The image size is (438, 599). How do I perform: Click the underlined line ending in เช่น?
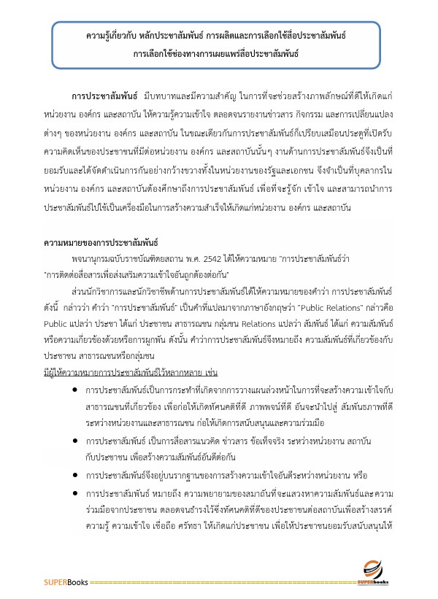[126, 364]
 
